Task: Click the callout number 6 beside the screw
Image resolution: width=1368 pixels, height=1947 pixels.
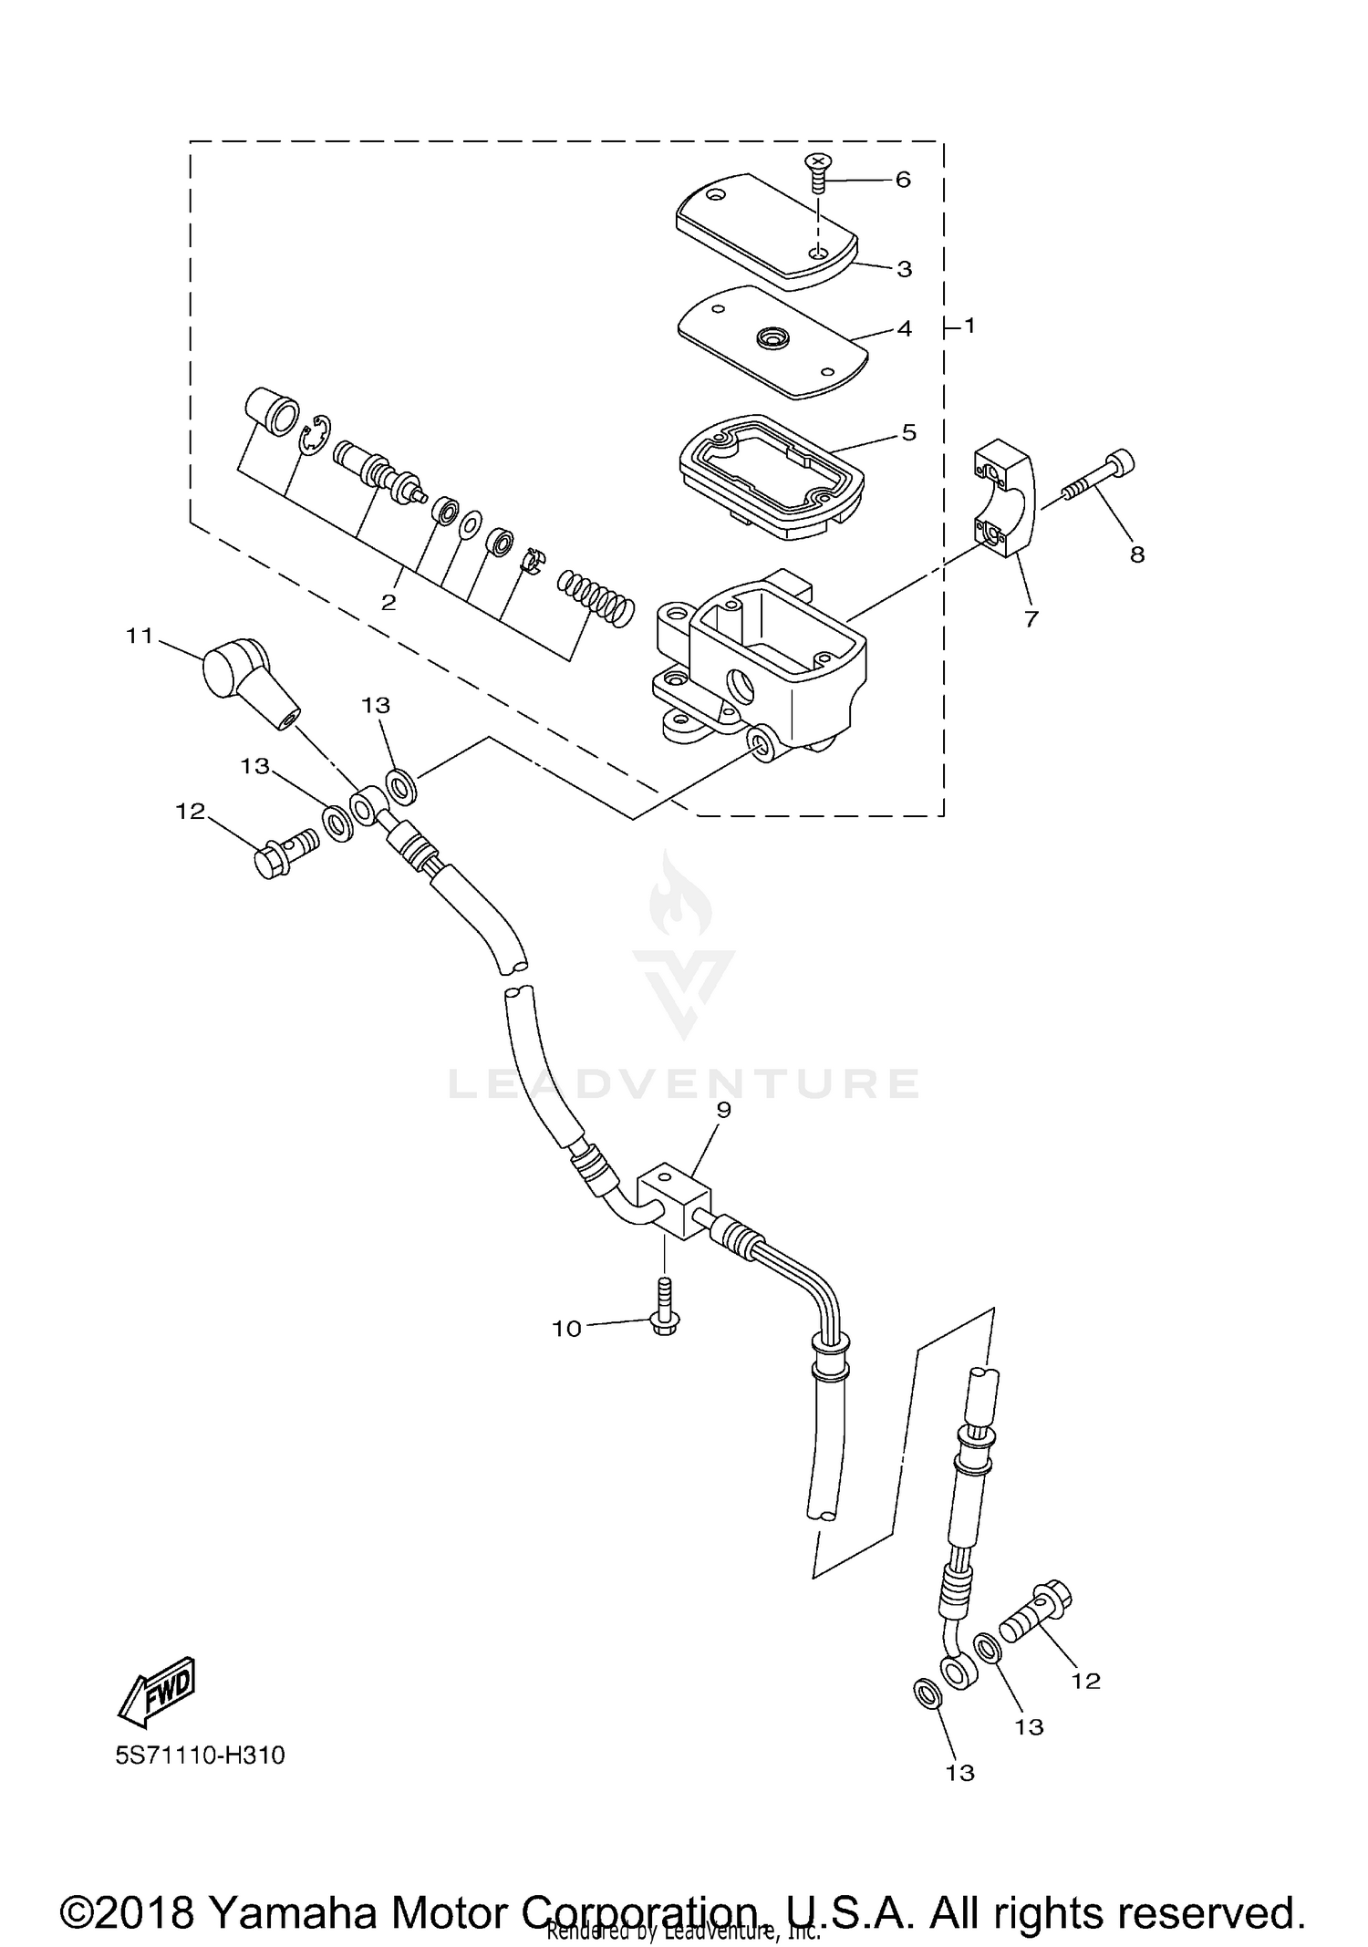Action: [x=902, y=180]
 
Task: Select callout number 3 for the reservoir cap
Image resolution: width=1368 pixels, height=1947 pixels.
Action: [x=904, y=269]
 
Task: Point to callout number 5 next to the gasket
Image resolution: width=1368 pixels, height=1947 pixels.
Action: [x=908, y=432]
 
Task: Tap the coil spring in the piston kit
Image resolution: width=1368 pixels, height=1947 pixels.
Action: [x=596, y=598]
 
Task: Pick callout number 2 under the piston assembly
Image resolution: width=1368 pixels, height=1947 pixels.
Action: [x=389, y=603]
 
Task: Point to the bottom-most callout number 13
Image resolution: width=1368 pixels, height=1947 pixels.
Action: [x=960, y=1773]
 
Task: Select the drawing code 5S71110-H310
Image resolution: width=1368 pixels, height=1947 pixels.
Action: [x=200, y=1755]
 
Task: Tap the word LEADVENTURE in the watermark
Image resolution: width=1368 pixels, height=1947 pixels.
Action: [x=684, y=1082]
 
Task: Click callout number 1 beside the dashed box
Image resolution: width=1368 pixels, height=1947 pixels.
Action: [x=969, y=326]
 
